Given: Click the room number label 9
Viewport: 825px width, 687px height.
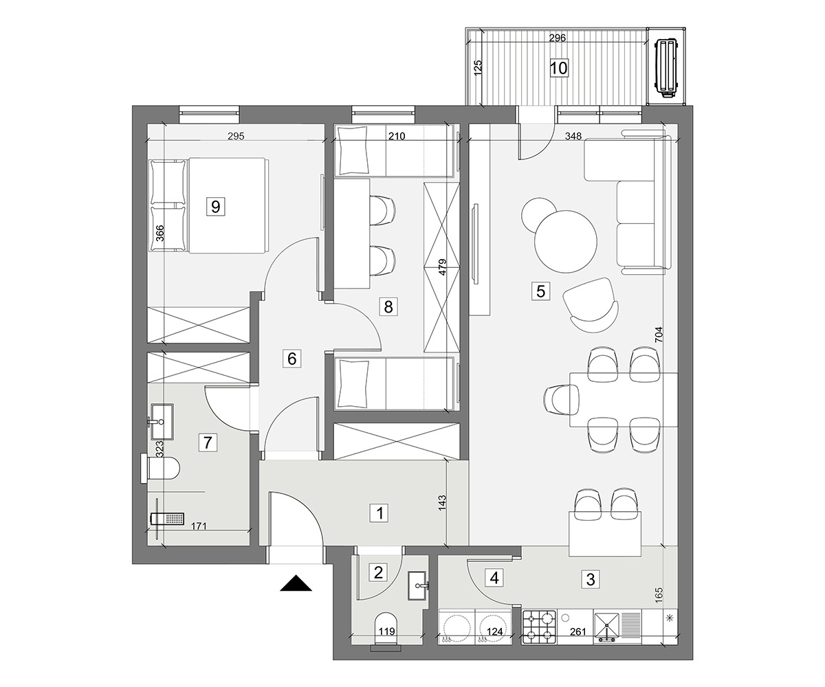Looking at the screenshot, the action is [x=215, y=206].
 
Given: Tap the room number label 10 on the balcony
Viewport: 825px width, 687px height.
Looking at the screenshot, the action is [x=559, y=68].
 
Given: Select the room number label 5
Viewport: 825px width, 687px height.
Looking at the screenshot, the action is [x=540, y=291].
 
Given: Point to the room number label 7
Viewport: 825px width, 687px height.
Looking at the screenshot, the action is [x=208, y=442].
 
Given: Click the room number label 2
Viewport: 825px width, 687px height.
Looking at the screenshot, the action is [x=378, y=572].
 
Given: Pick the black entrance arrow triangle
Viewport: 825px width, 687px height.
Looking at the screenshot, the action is [x=296, y=583].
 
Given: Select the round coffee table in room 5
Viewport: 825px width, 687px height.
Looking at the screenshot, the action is [x=565, y=242].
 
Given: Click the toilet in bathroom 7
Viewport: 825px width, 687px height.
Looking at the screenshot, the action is [x=160, y=469].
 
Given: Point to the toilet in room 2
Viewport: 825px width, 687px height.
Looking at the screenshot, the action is [x=386, y=631].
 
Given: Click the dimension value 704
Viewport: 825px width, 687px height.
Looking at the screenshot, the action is [x=659, y=335].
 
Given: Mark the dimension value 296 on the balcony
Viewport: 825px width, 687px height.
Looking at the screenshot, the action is [x=558, y=38].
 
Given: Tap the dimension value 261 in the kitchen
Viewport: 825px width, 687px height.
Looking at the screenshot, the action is [x=577, y=632].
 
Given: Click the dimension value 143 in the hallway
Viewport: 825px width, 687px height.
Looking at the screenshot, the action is [x=442, y=504].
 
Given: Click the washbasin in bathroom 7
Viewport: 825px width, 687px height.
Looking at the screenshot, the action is [x=162, y=421].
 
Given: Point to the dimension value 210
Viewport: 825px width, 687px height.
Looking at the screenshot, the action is [x=397, y=136].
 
